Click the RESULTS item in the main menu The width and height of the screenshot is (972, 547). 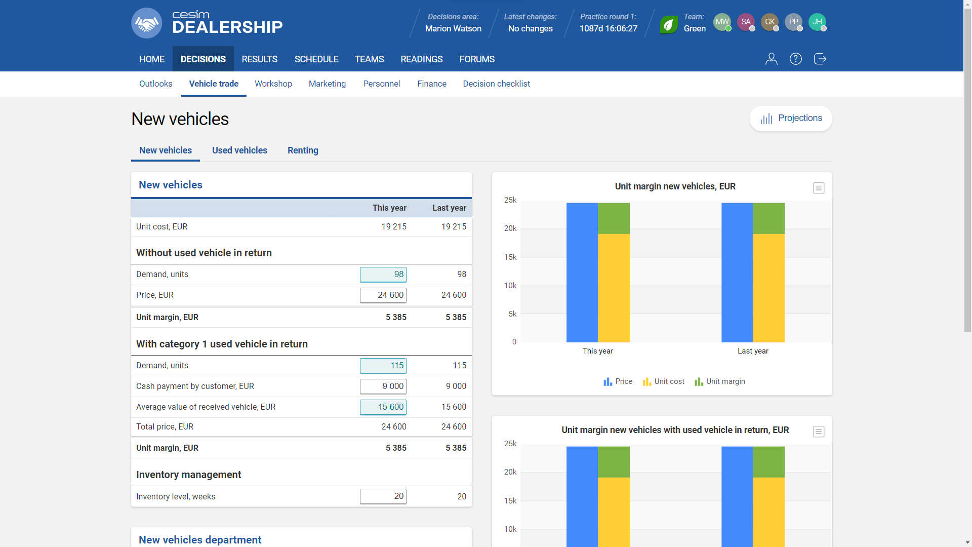pos(259,59)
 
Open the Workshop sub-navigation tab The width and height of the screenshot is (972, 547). pos(273,84)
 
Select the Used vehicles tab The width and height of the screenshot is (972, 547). pos(239,150)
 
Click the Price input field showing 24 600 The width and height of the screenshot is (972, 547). pos(383,295)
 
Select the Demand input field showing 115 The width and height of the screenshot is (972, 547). pos(383,366)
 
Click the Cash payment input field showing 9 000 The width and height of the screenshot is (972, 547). pos(383,386)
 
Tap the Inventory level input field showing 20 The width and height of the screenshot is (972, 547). pos(383,496)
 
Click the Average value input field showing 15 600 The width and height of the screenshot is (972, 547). pos(383,407)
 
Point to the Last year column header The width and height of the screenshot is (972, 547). pos(449,208)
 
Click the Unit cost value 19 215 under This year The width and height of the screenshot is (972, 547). pos(394,227)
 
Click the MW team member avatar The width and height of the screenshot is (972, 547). pos(722,22)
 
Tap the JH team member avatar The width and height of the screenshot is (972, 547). pos(817,22)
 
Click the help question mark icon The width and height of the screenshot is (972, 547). pos(795,59)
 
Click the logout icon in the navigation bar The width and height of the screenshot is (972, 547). pos(820,59)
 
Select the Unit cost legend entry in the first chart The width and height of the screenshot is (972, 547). pos(664,381)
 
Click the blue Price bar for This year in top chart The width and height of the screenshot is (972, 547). pos(582,273)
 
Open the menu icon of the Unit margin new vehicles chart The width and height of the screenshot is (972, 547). pos(818,188)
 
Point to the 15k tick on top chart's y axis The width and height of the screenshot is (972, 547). pos(510,257)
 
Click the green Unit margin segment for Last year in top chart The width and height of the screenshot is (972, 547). pos(768,218)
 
